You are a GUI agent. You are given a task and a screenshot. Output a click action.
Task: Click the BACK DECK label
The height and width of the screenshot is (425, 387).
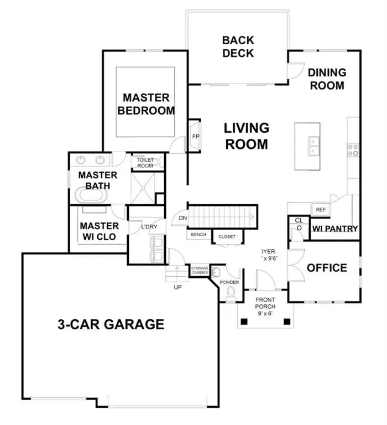(238, 46)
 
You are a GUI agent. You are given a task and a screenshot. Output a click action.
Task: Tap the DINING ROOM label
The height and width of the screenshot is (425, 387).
(326, 79)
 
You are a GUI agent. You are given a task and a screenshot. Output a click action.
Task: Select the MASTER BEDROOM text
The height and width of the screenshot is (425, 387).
(145, 104)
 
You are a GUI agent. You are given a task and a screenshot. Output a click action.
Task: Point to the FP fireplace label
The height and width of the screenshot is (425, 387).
(195, 136)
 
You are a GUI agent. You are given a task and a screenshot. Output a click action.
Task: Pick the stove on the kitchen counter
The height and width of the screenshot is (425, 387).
(353, 149)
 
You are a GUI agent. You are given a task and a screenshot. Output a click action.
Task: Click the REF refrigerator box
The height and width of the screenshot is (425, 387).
(320, 210)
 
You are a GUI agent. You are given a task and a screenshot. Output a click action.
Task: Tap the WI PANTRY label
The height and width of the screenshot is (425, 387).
(335, 229)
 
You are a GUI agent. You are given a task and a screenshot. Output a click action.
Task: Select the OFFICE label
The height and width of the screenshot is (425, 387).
(327, 268)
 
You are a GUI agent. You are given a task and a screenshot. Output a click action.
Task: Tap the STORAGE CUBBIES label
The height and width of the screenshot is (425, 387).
(200, 271)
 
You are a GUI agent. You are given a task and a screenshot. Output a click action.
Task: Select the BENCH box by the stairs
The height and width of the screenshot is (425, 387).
(198, 235)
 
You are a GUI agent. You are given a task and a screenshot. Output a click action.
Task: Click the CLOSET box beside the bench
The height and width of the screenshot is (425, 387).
(227, 236)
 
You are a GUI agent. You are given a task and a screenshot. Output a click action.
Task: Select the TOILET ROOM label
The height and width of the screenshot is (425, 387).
(145, 162)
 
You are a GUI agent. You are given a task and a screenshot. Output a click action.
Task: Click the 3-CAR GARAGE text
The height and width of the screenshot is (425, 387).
(111, 324)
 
